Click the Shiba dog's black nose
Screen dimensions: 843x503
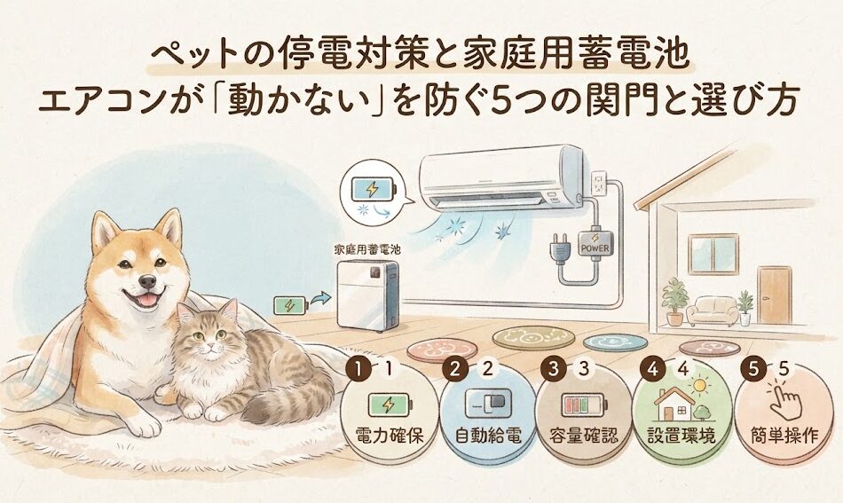tap(146, 281)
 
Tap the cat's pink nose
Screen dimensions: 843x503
tap(210, 346)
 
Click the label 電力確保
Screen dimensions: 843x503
tap(390, 435)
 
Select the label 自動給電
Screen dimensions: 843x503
tap(488, 435)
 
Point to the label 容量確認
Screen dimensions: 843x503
tap(585, 435)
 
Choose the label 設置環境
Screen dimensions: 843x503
tap(681, 435)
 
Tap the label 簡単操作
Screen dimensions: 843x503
tap(784, 435)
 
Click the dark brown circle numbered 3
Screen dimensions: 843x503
tap(553, 369)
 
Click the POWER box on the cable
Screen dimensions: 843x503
tap(595, 243)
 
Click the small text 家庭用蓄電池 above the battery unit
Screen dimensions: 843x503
tap(367, 249)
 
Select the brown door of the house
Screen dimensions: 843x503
tap(775, 295)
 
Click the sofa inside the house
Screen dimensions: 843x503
tap(713, 310)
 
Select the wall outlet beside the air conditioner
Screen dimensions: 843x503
tap(599, 185)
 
